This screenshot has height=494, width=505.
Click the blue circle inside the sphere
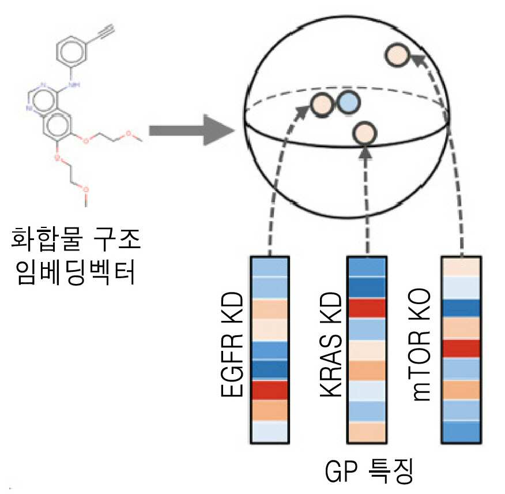(348, 103)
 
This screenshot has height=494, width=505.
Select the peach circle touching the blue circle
(322, 105)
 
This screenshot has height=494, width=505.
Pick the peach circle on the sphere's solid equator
(364, 133)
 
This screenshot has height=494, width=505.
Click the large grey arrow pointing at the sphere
(192, 130)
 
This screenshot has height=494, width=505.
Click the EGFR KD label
(232, 344)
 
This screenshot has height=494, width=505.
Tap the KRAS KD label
(330, 344)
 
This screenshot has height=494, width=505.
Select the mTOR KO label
(421, 345)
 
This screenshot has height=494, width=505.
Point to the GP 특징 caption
(369, 471)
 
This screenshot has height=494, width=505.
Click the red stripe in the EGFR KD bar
(270, 391)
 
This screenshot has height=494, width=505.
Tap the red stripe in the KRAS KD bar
(367, 308)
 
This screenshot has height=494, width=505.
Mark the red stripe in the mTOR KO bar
(461, 349)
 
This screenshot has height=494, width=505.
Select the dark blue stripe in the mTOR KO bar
(461, 309)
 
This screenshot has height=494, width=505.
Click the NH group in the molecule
(74, 85)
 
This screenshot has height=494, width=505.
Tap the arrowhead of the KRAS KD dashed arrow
(365, 153)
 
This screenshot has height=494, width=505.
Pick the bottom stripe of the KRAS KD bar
(367, 432)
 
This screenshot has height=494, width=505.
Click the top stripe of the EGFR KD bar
(270, 267)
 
